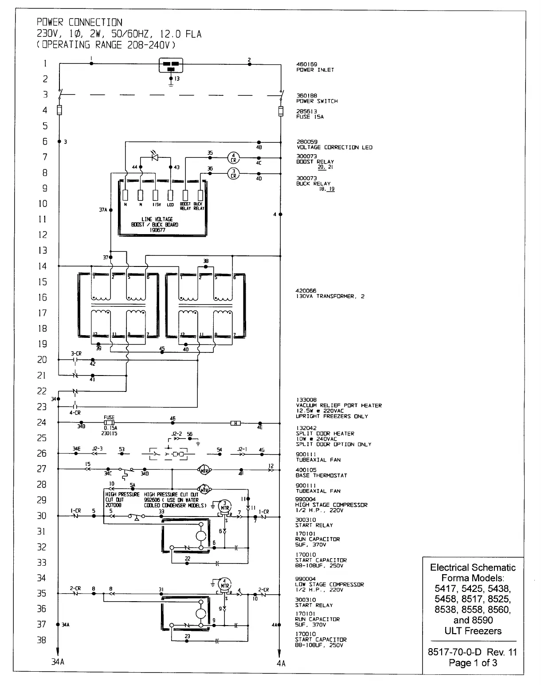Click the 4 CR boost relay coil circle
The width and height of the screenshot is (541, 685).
pyautogui.click(x=233, y=158)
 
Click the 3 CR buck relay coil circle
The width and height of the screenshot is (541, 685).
pyautogui.click(x=233, y=174)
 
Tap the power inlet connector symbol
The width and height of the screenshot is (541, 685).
pyautogui.click(x=171, y=65)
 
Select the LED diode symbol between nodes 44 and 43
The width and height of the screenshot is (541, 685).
pyautogui.click(x=154, y=157)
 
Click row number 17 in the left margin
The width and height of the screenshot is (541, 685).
pyautogui.click(x=43, y=313)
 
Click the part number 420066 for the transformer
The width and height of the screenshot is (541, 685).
pyautogui.click(x=306, y=291)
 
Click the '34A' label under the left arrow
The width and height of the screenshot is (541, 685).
pyautogui.click(x=58, y=662)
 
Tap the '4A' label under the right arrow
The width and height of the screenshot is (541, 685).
pyautogui.click(x=281, y=663)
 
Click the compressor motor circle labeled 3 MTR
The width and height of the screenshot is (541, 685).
pyautogui.click(x=225, y=505)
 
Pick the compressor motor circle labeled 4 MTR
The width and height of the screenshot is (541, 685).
pyautogui.click(x=225, y=583)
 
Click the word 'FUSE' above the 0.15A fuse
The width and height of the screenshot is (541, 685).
pyautogui.click(x=109, y=417)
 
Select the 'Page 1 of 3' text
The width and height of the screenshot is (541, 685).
pyautogui.click(x=473, y=663)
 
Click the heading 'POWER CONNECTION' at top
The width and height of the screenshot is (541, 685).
pyautogui.click(x=79, y=22)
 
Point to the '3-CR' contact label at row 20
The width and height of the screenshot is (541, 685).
pyautogui.click(x=76, y=353)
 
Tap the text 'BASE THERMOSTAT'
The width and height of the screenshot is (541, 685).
pyautogui.click(x=321, y=475)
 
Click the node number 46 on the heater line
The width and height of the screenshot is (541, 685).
pyautogui.click(x=173, y=418)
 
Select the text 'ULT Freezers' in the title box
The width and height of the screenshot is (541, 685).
pyautogui.click(x=473, y=631)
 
